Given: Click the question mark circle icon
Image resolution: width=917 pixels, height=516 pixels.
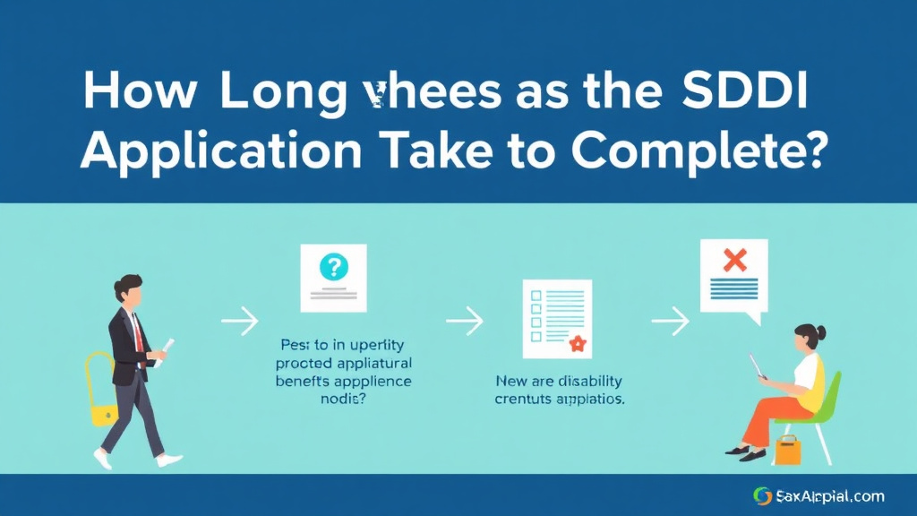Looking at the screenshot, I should pos(334,266).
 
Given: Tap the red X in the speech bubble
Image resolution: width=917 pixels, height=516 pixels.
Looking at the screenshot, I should pos(734,260).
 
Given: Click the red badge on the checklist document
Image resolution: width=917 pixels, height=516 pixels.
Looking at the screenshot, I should pos(577,342).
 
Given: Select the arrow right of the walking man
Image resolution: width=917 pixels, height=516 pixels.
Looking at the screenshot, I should pos(239,320).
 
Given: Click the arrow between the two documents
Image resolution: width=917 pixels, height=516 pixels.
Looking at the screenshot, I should pos(465,320).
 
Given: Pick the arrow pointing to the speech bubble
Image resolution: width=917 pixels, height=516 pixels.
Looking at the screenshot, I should pos(670,320).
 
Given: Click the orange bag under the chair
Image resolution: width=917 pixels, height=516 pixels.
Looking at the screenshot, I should pos(787,451).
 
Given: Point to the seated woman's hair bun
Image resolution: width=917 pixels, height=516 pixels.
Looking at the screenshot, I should pos(820,332).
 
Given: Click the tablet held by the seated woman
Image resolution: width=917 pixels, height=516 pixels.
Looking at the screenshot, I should pos(758,366).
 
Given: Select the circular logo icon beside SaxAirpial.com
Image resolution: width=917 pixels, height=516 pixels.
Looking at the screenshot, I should pos(763,495).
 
